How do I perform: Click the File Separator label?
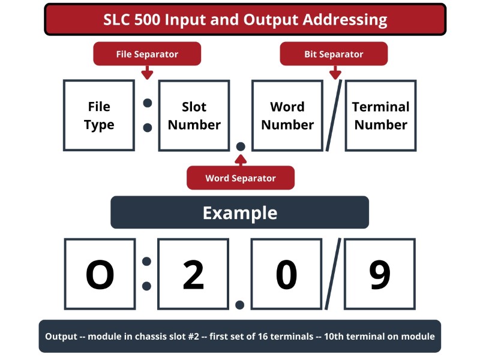[x=147, y=54]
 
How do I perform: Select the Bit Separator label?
[x=334, y=54]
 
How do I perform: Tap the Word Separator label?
[x=241, y=178]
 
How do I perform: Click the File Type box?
[x=99, y=115]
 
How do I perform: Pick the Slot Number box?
[x=194, y=115]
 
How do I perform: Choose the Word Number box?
[x=287, y=115]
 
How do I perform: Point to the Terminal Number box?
[x=381, y=115]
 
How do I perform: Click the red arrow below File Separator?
[x=147, y=73]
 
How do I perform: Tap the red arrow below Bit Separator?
[x=335, y=73]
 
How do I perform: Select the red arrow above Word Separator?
[x=241, y=160]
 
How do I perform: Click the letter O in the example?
[x=100, y=275]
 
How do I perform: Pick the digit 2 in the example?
[x=193, y=275]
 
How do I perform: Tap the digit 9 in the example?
[x=380, y=275]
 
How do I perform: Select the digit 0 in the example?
[x=286, y=275]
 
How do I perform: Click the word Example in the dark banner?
[x=240, y=213]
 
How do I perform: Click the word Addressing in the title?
[x=345, y=20]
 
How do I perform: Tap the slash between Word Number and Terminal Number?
[x=334, y=115]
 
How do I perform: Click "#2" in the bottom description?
[x=193, y=337]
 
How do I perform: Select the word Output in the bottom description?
[x=61, y=337]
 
